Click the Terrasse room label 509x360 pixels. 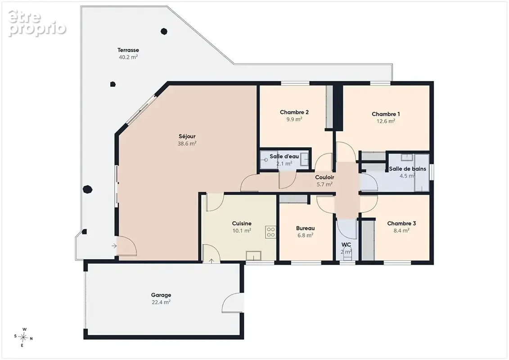pos(128,50)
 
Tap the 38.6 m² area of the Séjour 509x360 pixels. pos(187,144)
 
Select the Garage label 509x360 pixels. pos(161,295)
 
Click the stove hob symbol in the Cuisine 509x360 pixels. pos(271,232)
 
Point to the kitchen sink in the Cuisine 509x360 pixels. pos(253,256)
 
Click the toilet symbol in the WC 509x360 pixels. pos(347,255)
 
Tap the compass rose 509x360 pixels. pos(23,337)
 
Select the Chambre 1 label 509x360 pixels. pos(386,114)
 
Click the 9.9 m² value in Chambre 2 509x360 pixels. pos(294,119)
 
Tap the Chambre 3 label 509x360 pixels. pos(401,223)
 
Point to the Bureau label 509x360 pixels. pos(305,228)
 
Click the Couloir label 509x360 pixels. pos(324,177)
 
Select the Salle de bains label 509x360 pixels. pos(407,169)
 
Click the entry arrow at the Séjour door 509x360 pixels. pos(114,246)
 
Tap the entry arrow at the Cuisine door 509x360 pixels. pos(212,261)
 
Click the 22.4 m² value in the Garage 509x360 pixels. pos(161,302)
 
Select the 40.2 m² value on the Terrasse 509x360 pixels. pos(128,57)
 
